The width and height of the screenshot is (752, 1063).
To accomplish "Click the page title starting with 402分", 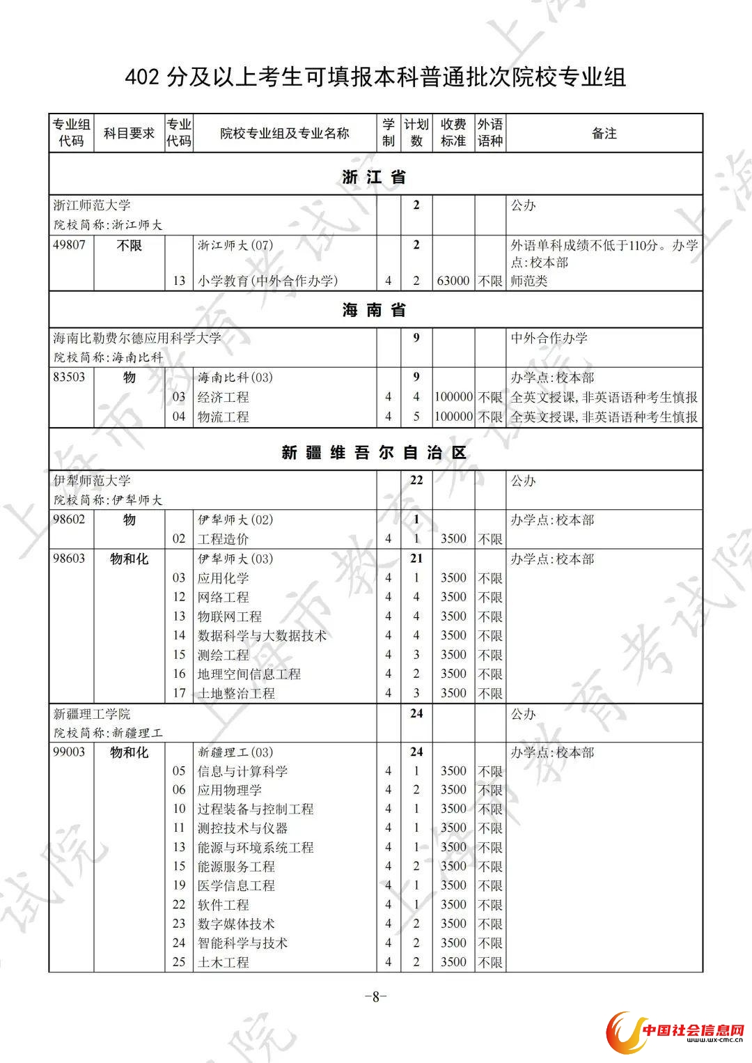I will pyautogui.click(x=375, y=77).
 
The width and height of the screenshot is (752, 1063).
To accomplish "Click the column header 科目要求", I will pyautogui.click(x=129, y=132).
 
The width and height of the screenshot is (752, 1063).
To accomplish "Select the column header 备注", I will pyautogui.click(x=604, y=133).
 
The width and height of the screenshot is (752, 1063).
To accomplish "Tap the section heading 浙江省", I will pyautogui.click(x=375, y=177).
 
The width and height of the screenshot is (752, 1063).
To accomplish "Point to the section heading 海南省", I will pyautogui.click(x=375, y=310).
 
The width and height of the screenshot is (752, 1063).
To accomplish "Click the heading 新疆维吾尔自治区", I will pyautogui.click(x=375, y=453).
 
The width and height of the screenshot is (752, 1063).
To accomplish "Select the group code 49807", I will pyautogui.click(x=70, y=245).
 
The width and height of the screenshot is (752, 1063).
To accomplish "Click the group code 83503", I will pyautogui.click(x=70, y=377).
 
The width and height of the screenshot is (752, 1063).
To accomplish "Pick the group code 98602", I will pyautogui.click(x=70, y=520).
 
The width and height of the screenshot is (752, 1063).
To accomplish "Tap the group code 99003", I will pyautogui.click(x=70, y=752).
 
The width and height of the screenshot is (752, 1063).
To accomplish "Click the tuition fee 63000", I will pyautogui.click(x=453, y=281).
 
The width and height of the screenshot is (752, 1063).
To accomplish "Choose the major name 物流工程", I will pyautogui.click(x=224, y=417).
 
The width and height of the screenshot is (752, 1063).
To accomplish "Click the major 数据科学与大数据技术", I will pyautogui.click(x=262, y=635).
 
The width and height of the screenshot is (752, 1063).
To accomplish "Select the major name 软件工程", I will pyautogui.click(x=224, y=904).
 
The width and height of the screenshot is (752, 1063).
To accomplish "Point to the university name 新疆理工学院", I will pyautogui.click(x=92, y=714).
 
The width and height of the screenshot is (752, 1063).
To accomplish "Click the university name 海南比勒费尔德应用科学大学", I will pyautogui.click(x=137, y=338).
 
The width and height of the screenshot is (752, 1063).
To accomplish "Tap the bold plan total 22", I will pyautogui.click(x=416, y=480).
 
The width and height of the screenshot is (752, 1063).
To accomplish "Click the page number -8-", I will pyautogui.click(x=375, y=996).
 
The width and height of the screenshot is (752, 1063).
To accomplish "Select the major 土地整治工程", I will pyautogui.click(x=236, y=693).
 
